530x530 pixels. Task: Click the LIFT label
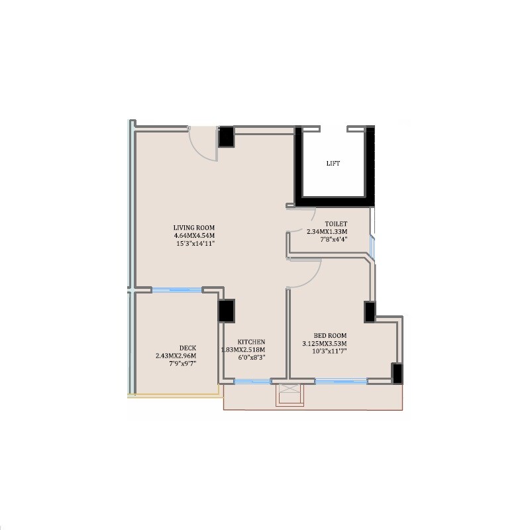pos(333,164)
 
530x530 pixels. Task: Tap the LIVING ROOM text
pos(194,228)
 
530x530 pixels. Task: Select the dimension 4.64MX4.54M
pos(194,236)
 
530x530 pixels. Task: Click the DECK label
pos(187,348)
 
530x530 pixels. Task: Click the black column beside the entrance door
pos(227,136)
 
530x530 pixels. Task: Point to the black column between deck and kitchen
pos(227,311)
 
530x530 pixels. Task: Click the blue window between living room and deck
pos(177,290)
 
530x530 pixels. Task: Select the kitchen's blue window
pos(252,381)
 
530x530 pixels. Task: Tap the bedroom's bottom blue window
pos(341,381)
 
